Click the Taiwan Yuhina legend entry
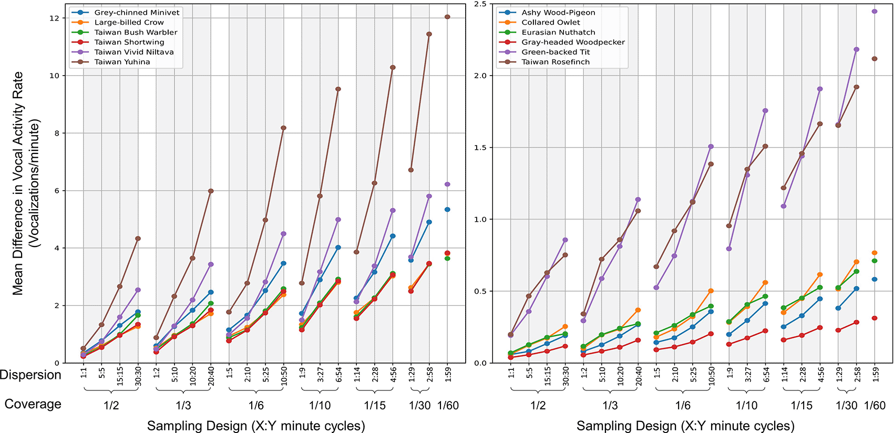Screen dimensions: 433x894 (122, 62)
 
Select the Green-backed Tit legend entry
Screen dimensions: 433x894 (555, 52)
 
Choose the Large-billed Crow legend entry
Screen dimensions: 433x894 (129, 22)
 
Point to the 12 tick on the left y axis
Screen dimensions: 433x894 (54, 18)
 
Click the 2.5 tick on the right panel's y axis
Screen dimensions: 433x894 (480, 4)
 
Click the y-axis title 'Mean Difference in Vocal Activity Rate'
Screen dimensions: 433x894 (18, 184)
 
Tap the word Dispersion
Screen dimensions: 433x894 (30, 375)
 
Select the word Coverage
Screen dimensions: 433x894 (33, 404)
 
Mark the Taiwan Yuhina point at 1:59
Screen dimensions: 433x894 (447, 17)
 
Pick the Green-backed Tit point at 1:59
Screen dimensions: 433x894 (875, 11)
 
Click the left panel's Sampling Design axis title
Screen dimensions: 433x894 (255, 426)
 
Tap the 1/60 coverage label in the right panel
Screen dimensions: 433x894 (875, 405)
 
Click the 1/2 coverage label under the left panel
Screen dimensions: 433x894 (111, 405)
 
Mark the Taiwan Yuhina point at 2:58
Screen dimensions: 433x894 (429, 34)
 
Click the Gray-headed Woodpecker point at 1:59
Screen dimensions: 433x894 (875, 318)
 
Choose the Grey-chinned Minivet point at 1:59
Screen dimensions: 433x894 (447, 210)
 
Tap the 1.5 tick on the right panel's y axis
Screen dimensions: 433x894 (480, 148)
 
